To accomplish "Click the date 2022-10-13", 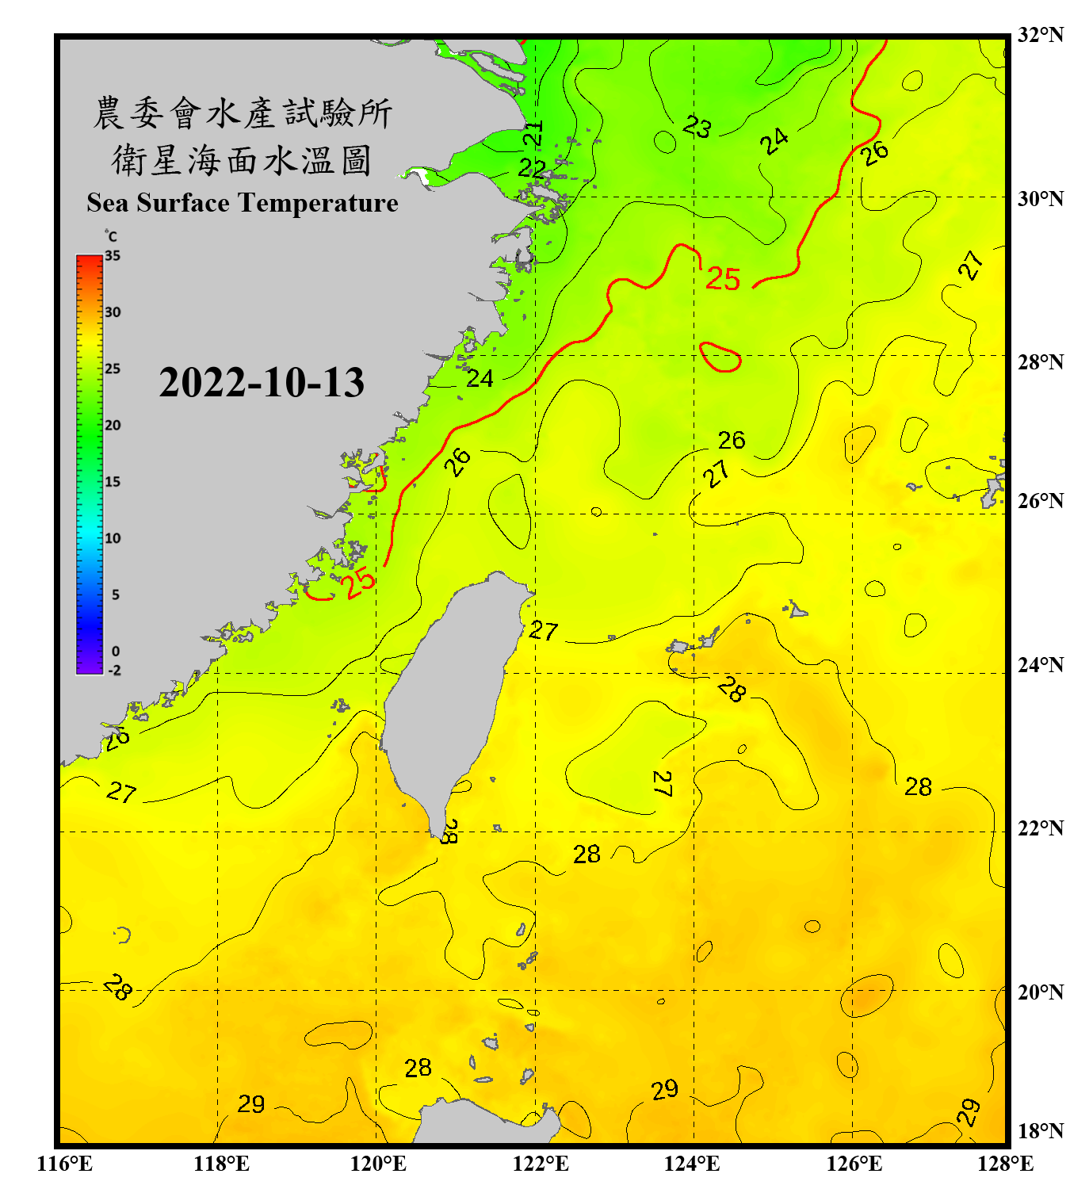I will pos(262,382).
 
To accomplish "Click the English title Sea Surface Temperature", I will pos(243,203).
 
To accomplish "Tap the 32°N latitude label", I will pos(1040,35).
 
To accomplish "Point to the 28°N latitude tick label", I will pos(1040,362).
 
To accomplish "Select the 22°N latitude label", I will pos(1040,828).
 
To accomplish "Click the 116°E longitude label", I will pos(65,1164).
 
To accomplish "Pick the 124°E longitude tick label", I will pos(692,1164).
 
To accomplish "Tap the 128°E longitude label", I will pos(1005,1164).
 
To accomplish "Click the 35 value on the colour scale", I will pos(113,256).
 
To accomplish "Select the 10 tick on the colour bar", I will pos(113,538).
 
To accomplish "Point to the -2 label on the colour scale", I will pos(114,671).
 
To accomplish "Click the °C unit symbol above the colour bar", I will pos(110,236).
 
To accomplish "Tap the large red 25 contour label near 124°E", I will pos(723,279).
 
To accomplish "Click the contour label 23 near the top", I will pos(697,126).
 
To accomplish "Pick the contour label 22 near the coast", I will pos(532,168).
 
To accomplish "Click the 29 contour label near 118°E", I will pos(251,1104).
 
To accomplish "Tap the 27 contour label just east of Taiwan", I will pos(544,631).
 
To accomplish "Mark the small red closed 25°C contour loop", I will pos(720,357).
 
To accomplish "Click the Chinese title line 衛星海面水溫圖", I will pos(242,160).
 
